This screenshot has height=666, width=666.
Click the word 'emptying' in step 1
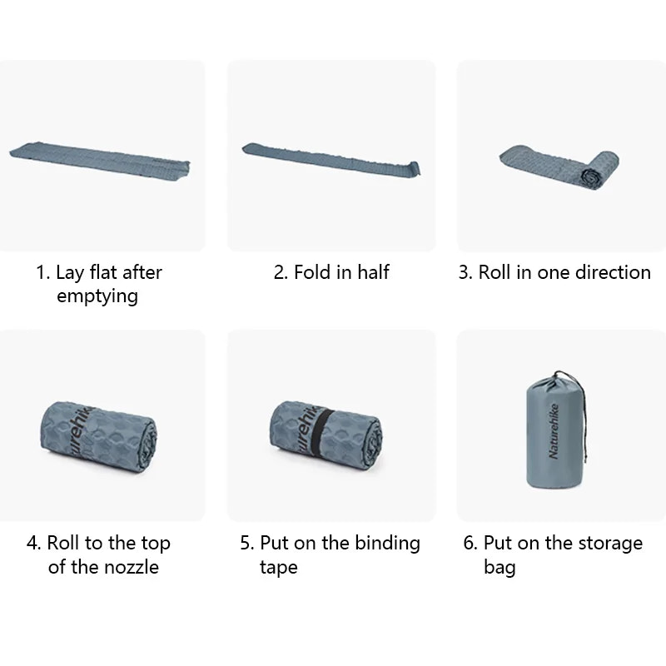point(97,296)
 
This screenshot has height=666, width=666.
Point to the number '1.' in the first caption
point(43,272)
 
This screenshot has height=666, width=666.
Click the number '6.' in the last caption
point(470,544)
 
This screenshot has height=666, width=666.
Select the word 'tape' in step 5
point(278,568)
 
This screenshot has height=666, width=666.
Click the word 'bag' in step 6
point(499,569)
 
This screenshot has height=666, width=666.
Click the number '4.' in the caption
point(34,544)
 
